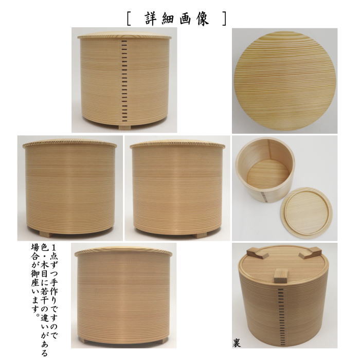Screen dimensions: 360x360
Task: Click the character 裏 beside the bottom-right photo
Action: [237, 341]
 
